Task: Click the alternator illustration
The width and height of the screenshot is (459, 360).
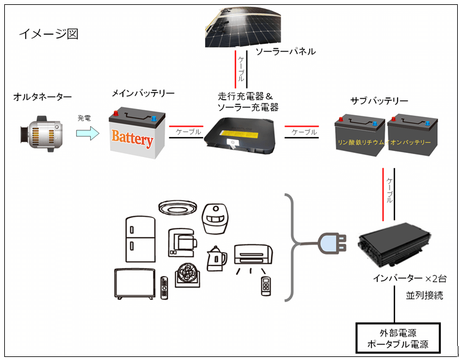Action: tap(41, 133)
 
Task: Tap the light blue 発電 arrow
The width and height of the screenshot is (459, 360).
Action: tap(88, 133)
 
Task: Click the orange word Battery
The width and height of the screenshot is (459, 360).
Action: tap(132, 138)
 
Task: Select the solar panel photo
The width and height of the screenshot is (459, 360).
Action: tap(243, 27)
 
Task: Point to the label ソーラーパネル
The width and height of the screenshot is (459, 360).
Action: tap(286, 52)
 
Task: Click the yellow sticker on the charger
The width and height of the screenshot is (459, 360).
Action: tap(239, 135)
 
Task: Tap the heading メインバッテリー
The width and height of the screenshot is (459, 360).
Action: tap(143, 93)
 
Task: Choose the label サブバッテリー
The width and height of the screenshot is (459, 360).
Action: tap(379, 101)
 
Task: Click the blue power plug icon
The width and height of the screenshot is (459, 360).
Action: tap(332, 243)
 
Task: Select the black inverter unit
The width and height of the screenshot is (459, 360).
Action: tap(394, 245)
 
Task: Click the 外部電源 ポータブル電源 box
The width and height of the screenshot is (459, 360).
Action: tap(398, 338)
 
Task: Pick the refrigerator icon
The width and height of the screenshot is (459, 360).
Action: tap(140, 239)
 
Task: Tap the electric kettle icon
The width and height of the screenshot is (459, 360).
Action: tap(217, 259)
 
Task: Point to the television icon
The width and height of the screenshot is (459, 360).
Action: tap(135, 284)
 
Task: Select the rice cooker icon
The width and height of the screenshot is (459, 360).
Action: tap(215, 219)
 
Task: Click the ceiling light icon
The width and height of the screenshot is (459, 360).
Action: tap(178, 207)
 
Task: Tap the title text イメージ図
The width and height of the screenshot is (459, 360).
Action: tap(49, 34)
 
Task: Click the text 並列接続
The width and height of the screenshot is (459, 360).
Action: tap(424, 295)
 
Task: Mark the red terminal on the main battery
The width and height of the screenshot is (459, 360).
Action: tap(116, 113)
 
